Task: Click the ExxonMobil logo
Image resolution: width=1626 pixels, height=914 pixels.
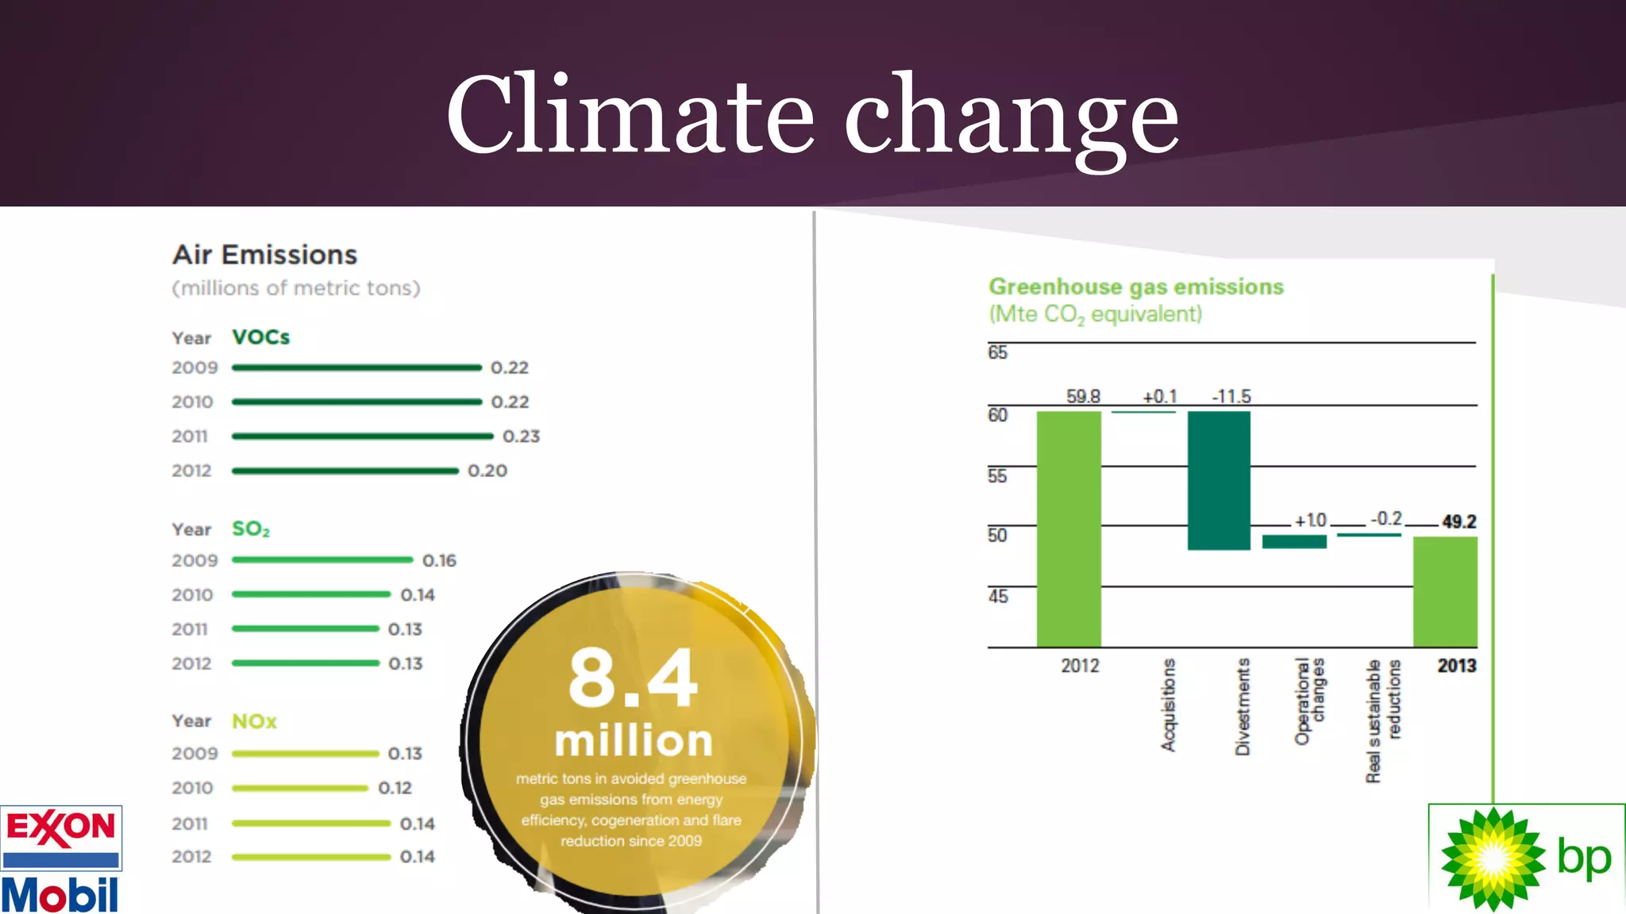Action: [61, 858]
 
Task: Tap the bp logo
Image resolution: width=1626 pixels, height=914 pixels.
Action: [1526, 858]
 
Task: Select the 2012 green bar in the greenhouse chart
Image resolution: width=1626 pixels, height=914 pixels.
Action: [1069, 529]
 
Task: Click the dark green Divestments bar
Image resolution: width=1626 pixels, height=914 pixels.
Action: [1219, 481]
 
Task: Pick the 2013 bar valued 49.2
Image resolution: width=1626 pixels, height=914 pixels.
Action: [1445, 592]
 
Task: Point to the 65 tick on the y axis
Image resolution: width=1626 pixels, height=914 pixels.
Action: [997, 352]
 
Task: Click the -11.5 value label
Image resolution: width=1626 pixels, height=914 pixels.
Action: [1231, 396]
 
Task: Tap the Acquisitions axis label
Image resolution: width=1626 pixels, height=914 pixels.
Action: [1168, 705]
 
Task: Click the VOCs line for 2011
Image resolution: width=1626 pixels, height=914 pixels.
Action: [362, 436]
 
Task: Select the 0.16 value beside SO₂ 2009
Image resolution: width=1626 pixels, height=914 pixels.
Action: [439, 561]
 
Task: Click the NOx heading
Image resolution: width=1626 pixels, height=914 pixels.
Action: [254, 721]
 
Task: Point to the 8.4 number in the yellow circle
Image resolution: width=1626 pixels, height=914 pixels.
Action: [633, 678]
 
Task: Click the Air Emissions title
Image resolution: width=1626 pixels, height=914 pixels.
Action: [265, 255]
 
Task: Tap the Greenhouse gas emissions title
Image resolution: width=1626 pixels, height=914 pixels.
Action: [1135, 286]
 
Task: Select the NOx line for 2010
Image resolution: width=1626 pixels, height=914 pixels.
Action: [300, 788]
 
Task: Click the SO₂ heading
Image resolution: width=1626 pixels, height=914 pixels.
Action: [251, 529]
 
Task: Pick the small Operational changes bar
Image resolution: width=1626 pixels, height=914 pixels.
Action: [1294, 542]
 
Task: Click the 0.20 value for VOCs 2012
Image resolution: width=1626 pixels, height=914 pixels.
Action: [487, 471]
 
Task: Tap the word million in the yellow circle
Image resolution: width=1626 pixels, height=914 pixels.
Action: [634, 741]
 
